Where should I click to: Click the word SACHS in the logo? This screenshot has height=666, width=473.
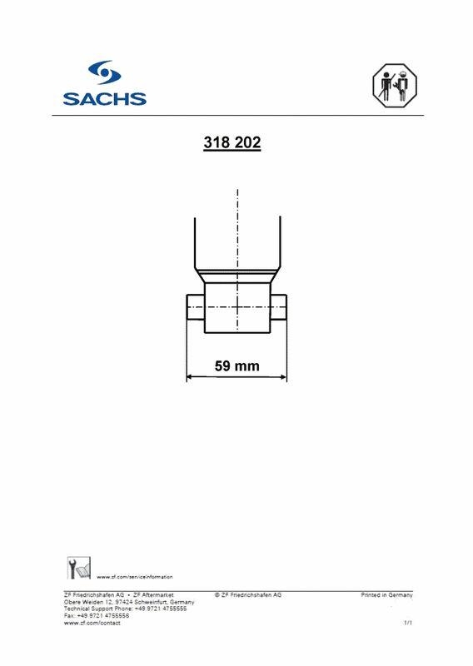click(104, 97)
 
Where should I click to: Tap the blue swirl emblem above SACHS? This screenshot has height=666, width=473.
click(105, 72)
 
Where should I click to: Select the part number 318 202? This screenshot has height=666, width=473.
click(232, 143)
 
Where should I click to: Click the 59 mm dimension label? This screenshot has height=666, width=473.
click(237, 365)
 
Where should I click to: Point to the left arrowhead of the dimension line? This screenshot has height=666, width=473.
click(189, 377)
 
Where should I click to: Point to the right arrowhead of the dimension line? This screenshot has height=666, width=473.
click(283, 377)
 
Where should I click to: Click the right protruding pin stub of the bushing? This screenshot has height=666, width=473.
click(278, 306)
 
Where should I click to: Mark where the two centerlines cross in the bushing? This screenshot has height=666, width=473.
click(237, 307)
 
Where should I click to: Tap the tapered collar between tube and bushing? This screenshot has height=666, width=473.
click(237, 276)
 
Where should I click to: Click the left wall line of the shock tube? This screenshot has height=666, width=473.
click(194, 241)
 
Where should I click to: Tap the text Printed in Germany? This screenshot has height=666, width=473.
click(386, 595)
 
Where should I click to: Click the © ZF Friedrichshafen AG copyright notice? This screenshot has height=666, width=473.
click(247, 595)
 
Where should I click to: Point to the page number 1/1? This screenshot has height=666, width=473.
click(407, 623)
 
